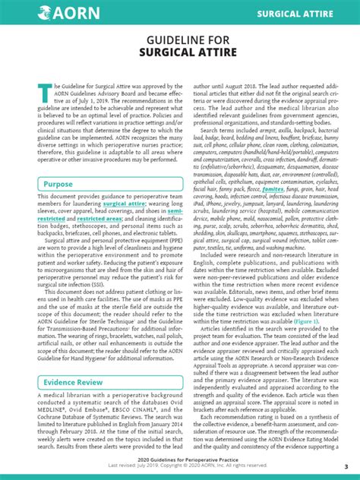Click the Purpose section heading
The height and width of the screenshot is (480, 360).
pyautogui.click(x=58, y=185)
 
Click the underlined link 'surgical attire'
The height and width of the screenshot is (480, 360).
pyautogui.click(x=125, y=204)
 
